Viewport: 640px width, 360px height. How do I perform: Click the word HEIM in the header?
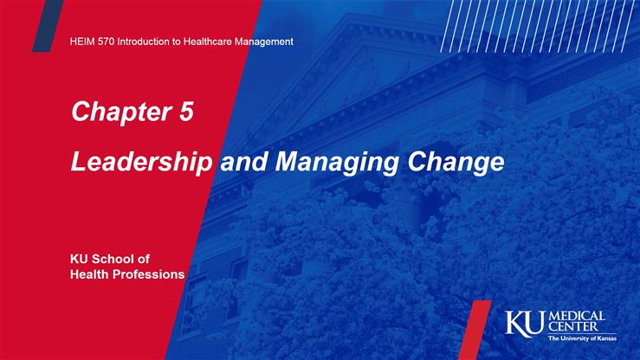tap(82, 42)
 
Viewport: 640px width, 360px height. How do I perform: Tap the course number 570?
tap(108, 42)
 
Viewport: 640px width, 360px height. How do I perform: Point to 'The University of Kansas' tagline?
tap(582, 339)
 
